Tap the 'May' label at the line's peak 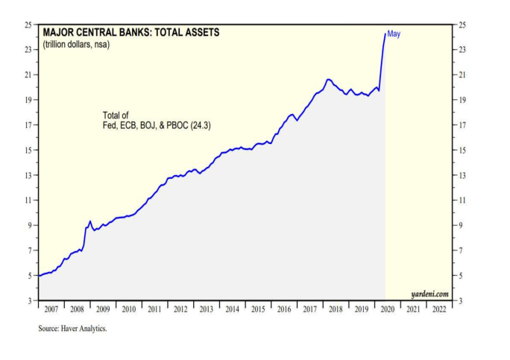point(394,34)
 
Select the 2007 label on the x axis point(51,308)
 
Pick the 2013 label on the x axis point(207,308)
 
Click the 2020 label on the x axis point(386,308)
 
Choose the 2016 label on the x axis point(283,308)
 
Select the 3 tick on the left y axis point(30,300)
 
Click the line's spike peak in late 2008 point(90,221)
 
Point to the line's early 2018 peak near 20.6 point(328,79)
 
